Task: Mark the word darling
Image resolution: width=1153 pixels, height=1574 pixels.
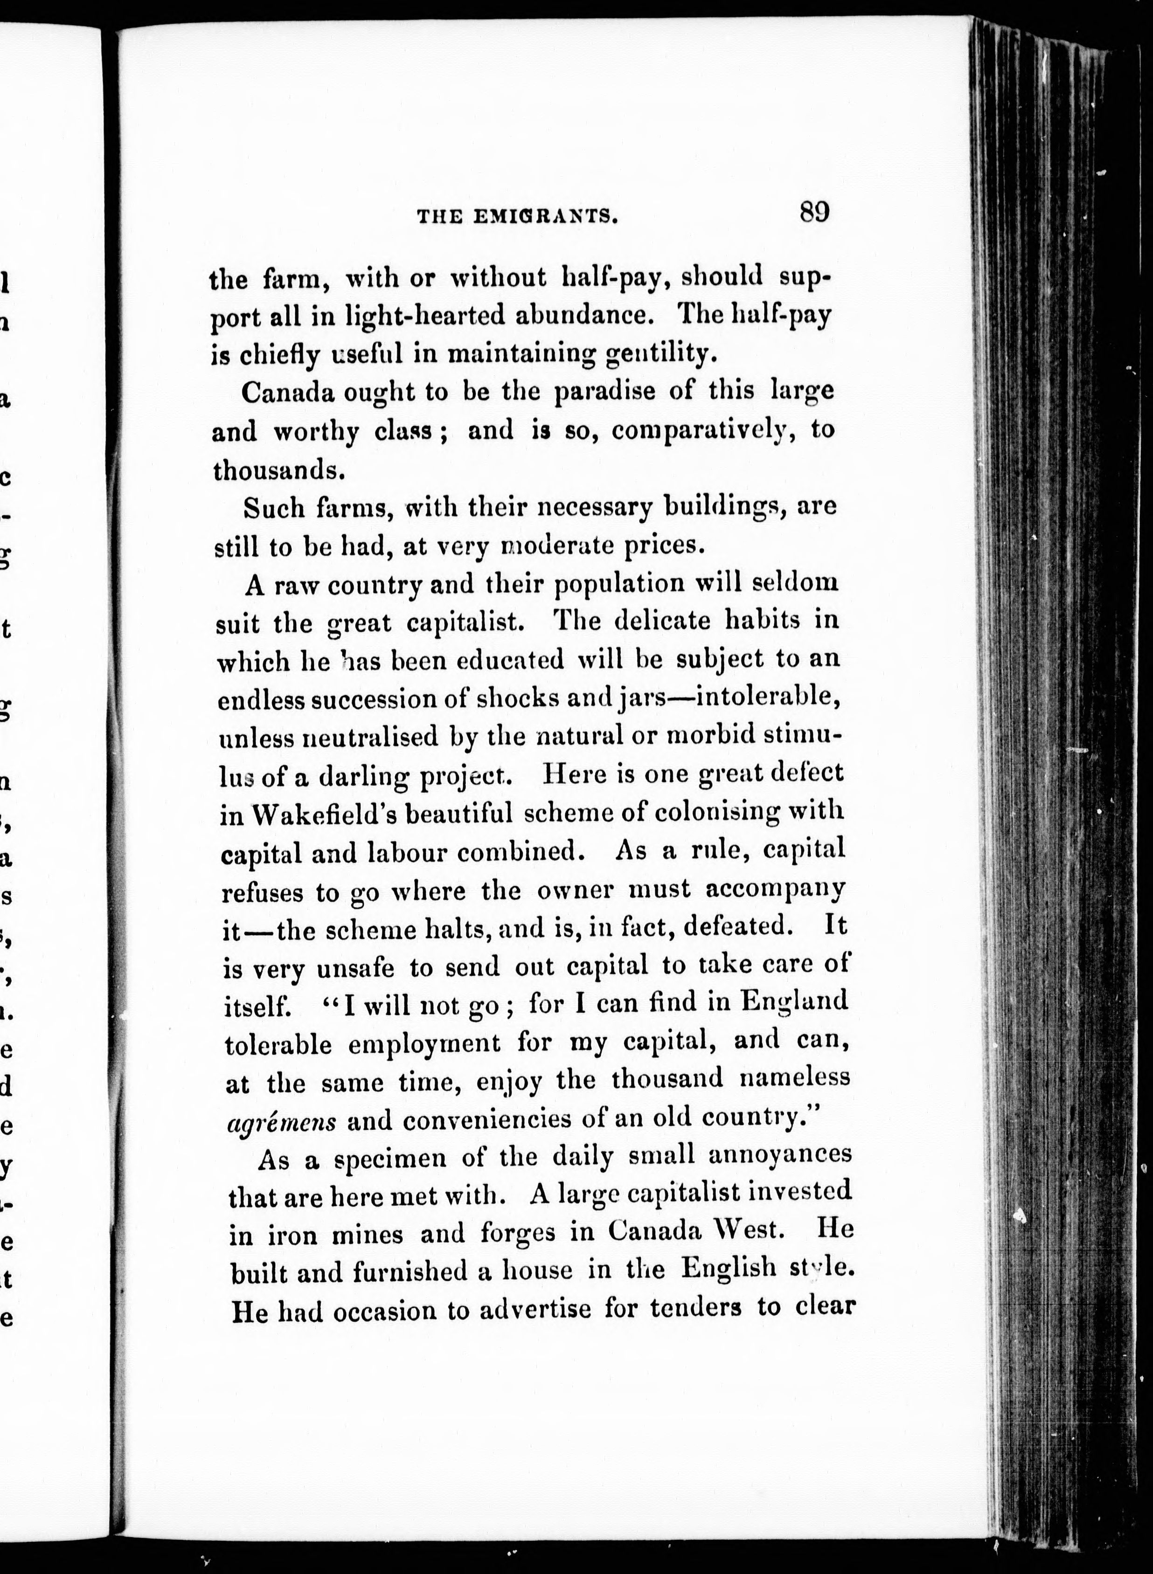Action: (x=363, y=776)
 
